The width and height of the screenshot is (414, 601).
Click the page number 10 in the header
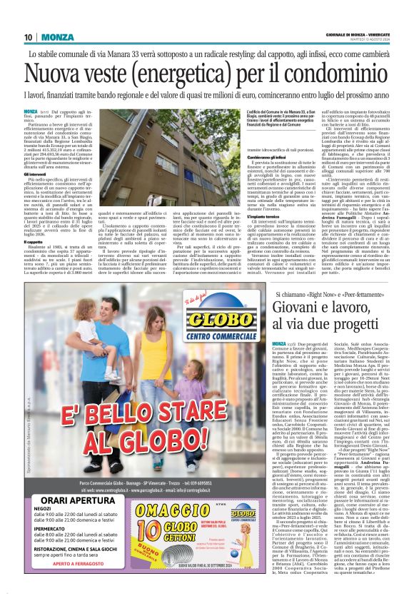(x=28, y=37)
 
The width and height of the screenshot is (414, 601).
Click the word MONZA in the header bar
(x=57, y=37)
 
